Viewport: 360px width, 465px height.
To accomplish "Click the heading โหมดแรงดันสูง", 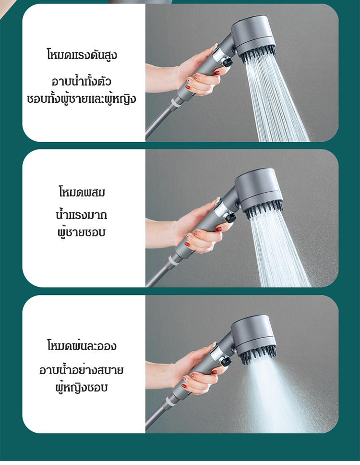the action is click(82, 55).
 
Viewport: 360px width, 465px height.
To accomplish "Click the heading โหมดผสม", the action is click(82, 192).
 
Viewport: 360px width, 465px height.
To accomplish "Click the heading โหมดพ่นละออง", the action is click(82, 346).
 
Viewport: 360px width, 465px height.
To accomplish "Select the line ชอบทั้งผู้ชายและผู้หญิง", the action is click(82, 99).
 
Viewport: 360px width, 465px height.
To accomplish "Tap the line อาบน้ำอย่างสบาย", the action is click(82, 369).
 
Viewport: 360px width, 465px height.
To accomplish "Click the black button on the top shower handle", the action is click(228, 62).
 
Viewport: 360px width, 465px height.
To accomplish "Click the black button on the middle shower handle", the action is click(231, 218).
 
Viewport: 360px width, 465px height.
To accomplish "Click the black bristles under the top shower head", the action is click(258, 56).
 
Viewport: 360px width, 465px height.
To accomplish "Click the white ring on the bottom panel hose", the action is click(170, 403).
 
